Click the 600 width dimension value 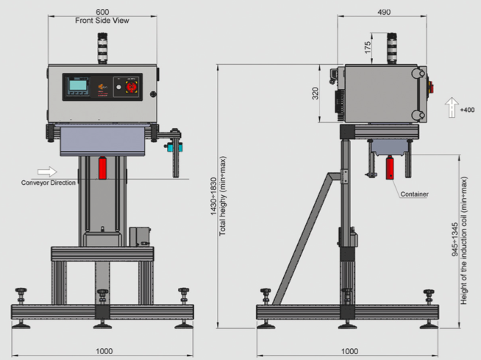coord(102,12)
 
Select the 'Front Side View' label coord(102,21)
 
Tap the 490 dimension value coord(384,12)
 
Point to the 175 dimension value coord(368,48)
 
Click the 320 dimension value coord(315,93)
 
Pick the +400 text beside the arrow coord(467,110)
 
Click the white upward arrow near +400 coord(452,107)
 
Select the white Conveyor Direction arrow coord(47,172)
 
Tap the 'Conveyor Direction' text coord(48,183)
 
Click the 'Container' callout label coord(414,194)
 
